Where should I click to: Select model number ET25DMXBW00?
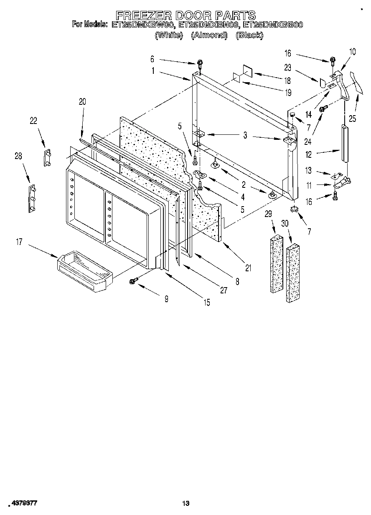[x=143, y=25]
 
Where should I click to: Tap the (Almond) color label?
[x=209, y=35]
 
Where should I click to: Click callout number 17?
[x=19, y=242]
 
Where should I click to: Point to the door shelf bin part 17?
[x=84, y=271]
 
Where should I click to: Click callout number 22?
[x=33, y=121]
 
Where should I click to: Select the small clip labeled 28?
[x=31, y=199]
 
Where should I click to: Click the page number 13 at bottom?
[x=186, y=504]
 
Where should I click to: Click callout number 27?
[x=224, y=290]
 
